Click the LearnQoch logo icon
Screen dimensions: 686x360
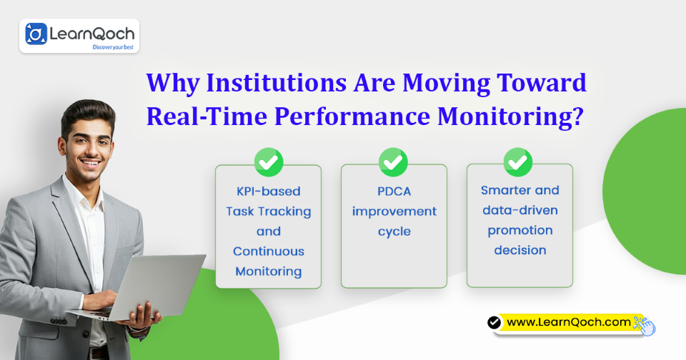(36, 34)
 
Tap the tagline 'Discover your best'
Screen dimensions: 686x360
(113, 47)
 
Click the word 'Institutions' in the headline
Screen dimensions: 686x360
(277, 83)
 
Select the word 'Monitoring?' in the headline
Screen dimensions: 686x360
(510, 117)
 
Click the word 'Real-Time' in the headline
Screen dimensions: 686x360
(207, 117)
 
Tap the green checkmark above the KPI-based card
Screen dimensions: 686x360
(269, 162)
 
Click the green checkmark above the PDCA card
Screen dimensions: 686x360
(393, 162)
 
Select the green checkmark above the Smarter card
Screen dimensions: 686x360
(518, 162)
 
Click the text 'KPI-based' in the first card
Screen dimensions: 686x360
(269, 191)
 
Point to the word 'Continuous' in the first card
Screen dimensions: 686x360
(269, 251)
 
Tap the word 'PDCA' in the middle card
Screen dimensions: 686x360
(394, 191)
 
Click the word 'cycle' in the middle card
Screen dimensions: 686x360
(394, 232)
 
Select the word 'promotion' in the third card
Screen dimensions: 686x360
(520, 231)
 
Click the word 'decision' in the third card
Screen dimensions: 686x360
(520, 250)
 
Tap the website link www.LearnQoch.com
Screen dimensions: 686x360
(569, 323)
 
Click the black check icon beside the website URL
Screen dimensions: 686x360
(494, 323)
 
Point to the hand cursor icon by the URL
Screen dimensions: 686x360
(646, 326)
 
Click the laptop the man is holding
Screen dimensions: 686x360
(144, 286)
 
